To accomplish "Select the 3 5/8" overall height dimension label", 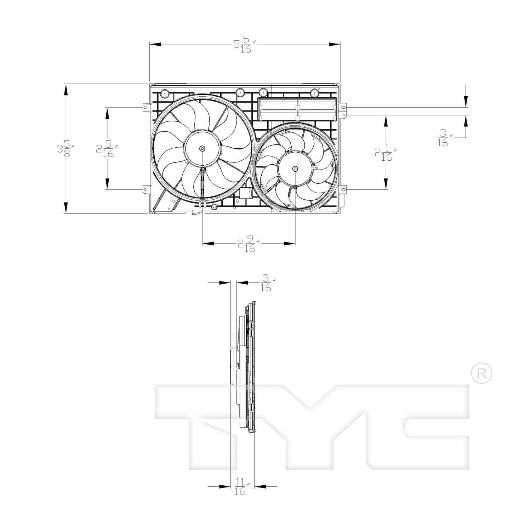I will click(x=66, y=149).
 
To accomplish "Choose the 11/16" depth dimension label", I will click(x=241, y=486).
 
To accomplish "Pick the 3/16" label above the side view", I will click(x=267, y=283).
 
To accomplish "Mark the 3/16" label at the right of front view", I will click(x=444, y=138).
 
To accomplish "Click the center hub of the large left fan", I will click(x=202, y=148).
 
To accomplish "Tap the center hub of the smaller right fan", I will click(x=295, y=169).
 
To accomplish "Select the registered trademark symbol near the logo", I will click(x=481, y=373).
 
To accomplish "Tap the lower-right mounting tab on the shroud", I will click(x=342, y=189).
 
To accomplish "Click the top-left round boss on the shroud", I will click(x=165, y=94).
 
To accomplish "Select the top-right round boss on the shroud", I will click(x=314, y=93).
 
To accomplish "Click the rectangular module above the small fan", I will click(x=297, y=109).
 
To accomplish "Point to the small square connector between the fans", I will click(x=246, y=193).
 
